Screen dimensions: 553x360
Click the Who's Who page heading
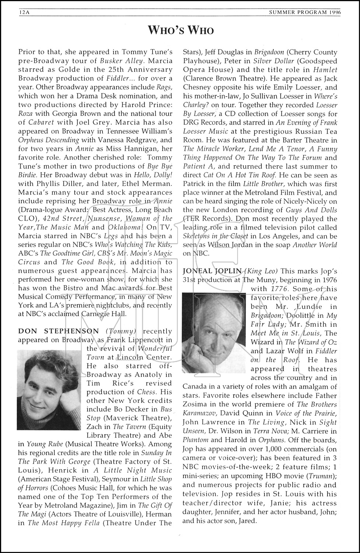(x=180, y=30)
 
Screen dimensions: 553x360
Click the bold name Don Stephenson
(x=59, y=331)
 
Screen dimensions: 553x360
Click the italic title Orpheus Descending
(x=49, y=140)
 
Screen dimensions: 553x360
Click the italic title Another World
(x=315, y=245)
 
